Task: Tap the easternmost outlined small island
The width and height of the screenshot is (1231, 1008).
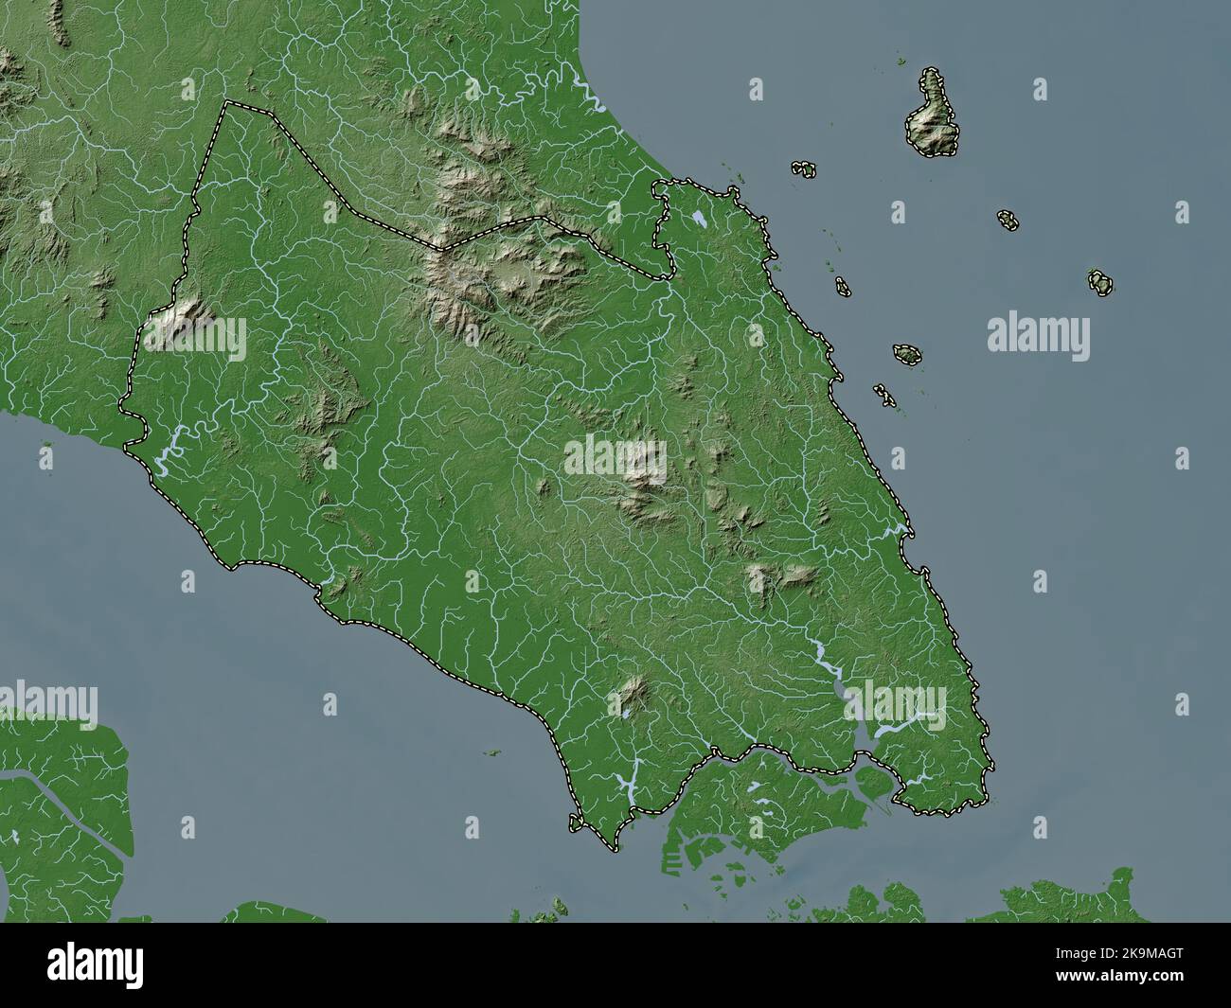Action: [x=1099, y=282]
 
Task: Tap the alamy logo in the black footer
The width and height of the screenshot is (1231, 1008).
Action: [x=75, y=965]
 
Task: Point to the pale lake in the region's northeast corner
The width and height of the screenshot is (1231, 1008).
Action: [x=699, y=219]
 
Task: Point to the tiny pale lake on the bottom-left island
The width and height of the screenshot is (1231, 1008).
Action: [x=16, y=838]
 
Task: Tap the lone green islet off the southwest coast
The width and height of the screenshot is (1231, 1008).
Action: [x=491, y=753]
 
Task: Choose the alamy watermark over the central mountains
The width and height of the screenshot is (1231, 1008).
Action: [x=615, y=457]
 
